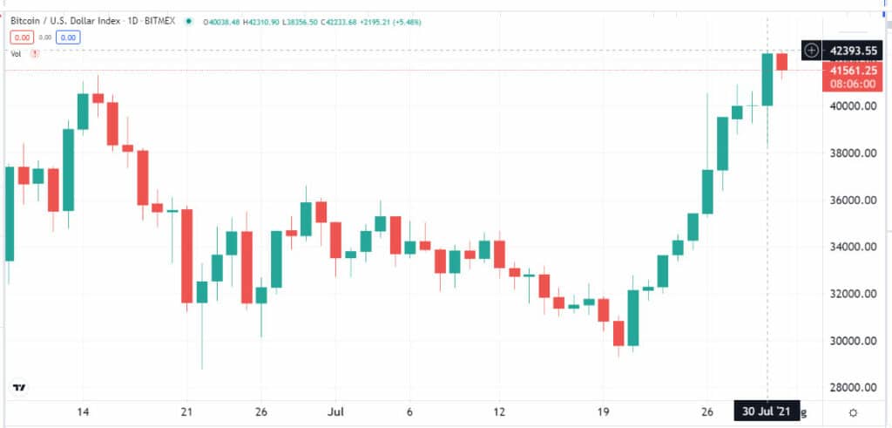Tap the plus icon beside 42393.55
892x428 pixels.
tap(811, 51)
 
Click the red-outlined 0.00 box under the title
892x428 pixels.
tap(21, 37)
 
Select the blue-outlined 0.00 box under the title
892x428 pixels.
tap(69, 37)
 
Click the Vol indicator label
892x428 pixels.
tap(16, 54)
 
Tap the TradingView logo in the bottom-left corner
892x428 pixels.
tap(18, 388)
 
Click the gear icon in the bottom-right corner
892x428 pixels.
tap(853, 411)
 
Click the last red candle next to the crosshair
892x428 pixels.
tap(781, 62)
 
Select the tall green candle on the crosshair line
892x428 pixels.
tap(767, 79)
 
